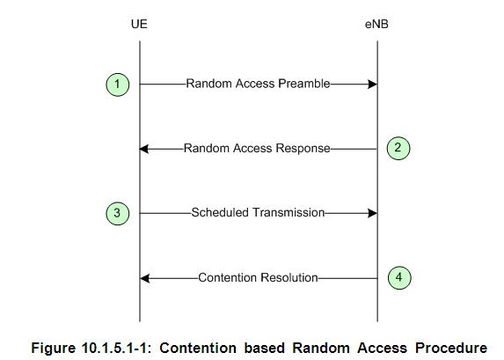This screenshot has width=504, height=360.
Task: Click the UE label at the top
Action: [139, 24]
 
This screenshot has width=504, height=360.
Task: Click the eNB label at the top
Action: [376, 24]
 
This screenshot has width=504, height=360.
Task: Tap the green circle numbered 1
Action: [118, 84]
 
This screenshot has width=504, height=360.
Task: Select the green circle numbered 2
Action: [398, 148]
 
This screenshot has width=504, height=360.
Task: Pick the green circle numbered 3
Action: [118, 213]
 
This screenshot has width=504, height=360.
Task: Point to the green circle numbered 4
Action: [399, 277]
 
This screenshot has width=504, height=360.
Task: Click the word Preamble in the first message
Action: [304, 84]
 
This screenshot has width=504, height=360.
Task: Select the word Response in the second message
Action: [303, 148]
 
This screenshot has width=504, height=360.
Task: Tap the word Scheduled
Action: [220, 213]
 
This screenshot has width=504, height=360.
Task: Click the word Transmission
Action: [289, 213]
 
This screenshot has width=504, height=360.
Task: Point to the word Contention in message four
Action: [228, 277]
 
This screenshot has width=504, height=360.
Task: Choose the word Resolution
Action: [289, 277]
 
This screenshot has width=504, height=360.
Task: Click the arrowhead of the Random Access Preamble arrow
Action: [373, 84]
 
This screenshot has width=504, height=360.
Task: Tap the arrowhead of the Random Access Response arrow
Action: [144, 149]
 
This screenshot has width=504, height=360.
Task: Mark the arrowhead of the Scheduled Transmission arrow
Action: [373, 213]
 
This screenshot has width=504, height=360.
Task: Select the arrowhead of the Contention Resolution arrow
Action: [145, 278]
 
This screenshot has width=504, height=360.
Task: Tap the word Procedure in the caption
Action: [451, 349]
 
